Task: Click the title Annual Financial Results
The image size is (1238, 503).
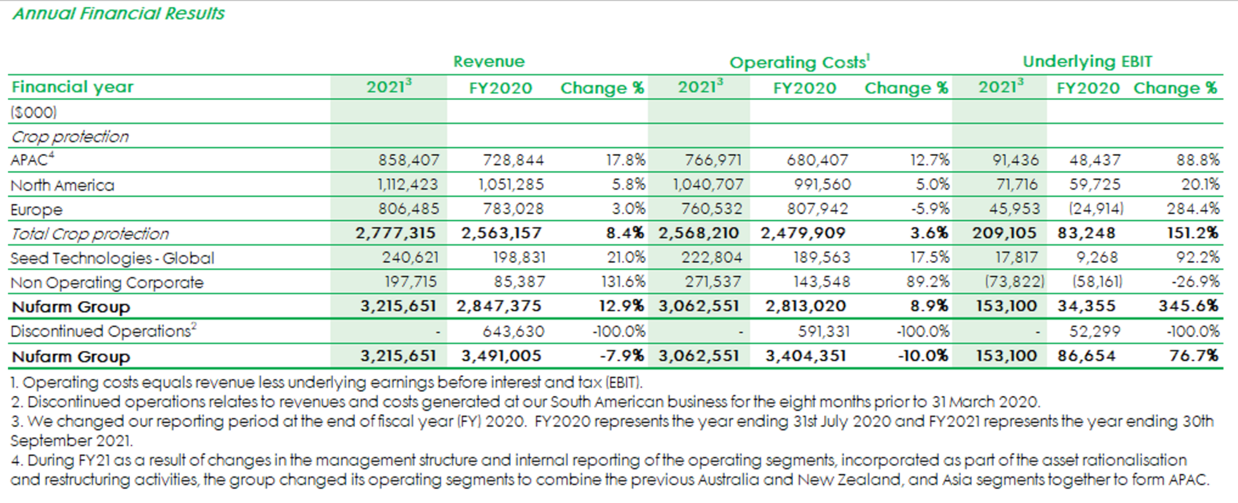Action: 119,14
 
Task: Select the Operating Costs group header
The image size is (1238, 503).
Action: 799,62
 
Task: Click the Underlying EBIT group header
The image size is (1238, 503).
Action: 1087,62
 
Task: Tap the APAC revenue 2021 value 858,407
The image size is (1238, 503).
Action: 409,160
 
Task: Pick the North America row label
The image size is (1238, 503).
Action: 63,186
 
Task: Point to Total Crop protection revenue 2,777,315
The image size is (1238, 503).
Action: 395,233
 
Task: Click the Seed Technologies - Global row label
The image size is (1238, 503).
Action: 112,259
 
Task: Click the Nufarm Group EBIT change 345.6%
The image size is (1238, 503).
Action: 1188,306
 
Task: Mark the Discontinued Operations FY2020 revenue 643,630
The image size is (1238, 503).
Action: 513,331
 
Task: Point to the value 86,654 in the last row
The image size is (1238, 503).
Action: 1086,356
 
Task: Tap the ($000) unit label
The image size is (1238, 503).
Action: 34,112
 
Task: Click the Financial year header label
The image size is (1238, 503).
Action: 73,87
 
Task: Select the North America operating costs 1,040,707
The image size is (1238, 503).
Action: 707,185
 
